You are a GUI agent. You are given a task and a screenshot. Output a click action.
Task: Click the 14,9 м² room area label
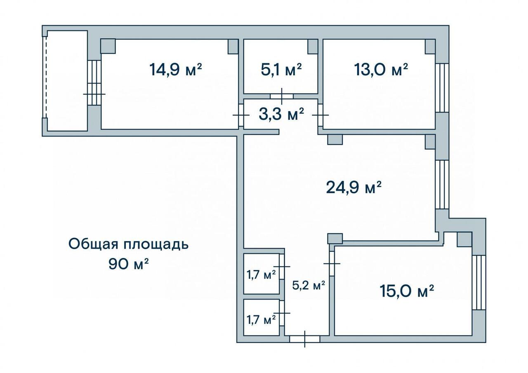(176, 70)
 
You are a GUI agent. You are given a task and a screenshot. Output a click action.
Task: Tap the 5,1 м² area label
(281, 70)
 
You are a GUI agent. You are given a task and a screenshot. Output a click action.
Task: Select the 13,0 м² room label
(381, 70)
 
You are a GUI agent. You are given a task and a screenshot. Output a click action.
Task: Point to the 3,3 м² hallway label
(281, 114)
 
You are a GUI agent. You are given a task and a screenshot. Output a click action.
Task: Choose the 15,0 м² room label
(407, 291)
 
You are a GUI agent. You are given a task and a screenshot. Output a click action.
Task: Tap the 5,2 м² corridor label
(309, 285)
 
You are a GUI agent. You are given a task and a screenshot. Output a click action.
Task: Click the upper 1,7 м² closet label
(261, 274)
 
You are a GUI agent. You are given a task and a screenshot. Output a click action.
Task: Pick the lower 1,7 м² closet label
(261, 319)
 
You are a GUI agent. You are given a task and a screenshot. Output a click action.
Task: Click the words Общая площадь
(128, 244)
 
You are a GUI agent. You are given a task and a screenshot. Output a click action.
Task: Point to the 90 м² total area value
(128, 264)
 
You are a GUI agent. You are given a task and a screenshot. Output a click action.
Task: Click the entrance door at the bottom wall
(304, 339)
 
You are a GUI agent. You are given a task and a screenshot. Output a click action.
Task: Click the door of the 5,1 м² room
(282, 96)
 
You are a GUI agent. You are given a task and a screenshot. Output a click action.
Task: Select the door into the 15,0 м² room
(332, 263)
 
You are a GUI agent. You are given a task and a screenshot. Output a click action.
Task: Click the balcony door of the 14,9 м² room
(94, 83)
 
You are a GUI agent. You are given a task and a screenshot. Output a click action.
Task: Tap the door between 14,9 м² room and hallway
(241, 115)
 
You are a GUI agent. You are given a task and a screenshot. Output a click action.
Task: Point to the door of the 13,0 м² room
(321, 115)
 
